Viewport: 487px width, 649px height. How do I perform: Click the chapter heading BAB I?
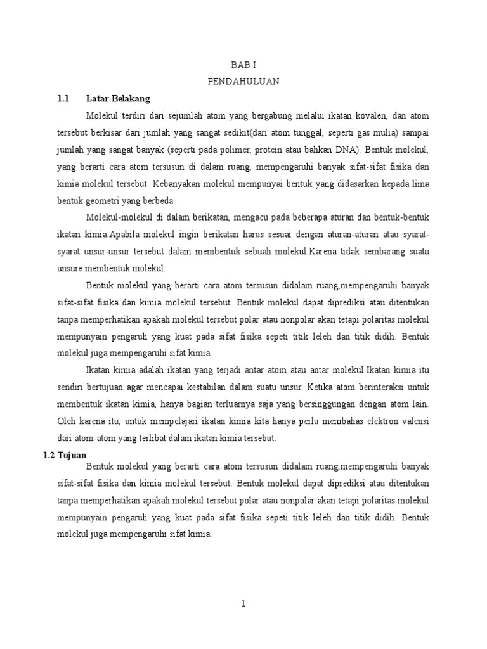pos(243,65)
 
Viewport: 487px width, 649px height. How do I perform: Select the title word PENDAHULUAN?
pos(243,82)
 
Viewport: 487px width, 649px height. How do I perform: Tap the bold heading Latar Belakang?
pos(117,99)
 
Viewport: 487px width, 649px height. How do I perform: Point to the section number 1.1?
pos(62,99)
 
